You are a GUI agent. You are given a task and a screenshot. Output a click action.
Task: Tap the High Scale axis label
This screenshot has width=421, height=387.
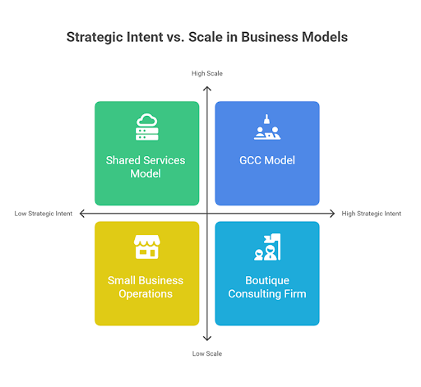click(x=207, y=73)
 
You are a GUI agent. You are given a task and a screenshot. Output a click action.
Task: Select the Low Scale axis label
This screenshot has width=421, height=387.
click(x=207, y=353)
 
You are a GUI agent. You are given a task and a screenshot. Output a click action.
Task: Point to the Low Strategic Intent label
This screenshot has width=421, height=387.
click(x=44, y=214)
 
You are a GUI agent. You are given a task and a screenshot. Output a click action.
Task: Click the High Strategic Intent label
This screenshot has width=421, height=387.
click(x=371, y=214)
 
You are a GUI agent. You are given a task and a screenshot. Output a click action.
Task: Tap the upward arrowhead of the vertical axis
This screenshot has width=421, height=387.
click(x=207, y=88)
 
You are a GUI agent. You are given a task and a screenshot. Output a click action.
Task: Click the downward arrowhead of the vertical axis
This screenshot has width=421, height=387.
click(x=207, y=339)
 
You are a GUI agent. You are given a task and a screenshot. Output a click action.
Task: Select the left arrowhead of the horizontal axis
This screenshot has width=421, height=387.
click(x=81, y=214)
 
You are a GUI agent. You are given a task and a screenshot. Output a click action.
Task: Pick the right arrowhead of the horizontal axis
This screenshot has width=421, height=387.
click(x=333, y=214)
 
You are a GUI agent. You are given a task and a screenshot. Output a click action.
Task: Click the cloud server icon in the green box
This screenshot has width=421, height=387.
click(x=147, y=127)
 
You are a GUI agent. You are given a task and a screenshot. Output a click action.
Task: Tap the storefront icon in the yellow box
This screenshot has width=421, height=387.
click(x=147, y=246)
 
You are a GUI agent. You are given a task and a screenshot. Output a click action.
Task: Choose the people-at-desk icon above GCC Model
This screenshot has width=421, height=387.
click(x=267, y=127)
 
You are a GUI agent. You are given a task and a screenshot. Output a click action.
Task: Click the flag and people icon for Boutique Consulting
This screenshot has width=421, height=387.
click(x=267, y=247)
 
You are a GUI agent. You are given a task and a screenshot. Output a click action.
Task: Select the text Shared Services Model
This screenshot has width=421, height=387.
click(x=146, y=167)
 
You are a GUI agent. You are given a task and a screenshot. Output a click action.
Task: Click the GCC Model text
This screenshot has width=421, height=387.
click(x=267, y=160)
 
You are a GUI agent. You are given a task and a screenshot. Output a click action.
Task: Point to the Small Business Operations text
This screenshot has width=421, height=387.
click(x=146, y=287)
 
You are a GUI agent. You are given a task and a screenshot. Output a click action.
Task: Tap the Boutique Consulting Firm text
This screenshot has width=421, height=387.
click(x=267, y=287)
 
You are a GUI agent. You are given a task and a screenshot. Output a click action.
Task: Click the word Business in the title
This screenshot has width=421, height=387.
click(x=270, y=37)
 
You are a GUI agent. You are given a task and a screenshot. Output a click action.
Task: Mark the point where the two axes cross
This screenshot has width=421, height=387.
click(x=207, y=214)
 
